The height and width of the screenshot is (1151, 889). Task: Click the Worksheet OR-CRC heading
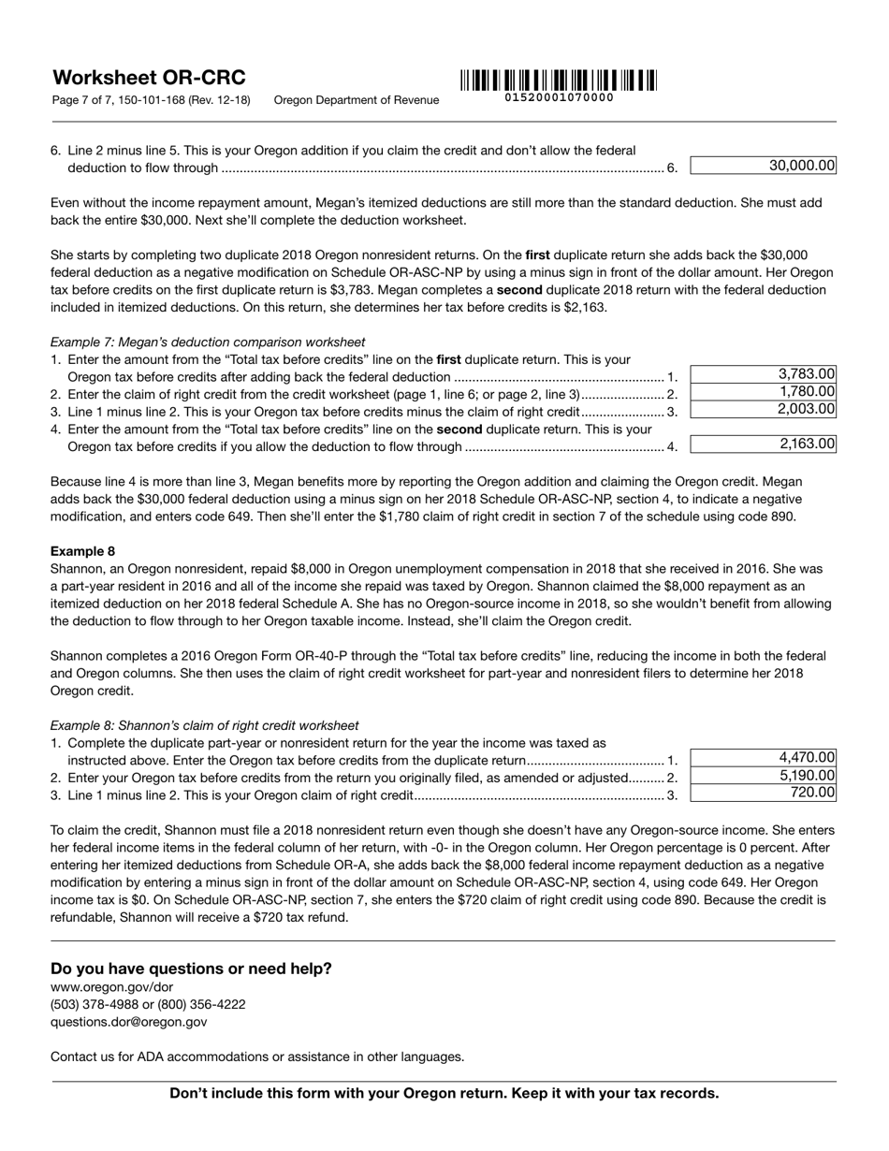[148, 78]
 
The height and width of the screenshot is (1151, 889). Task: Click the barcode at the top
[559, 80]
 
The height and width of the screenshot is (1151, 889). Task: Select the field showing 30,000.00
[764, 166]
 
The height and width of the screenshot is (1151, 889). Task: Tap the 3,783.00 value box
[764, 374]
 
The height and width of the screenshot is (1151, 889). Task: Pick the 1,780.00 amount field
[764, 392]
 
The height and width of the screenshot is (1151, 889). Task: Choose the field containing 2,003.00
[764, 409]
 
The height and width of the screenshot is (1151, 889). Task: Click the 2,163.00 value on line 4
[764, 444]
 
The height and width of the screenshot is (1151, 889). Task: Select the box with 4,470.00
[764, 758]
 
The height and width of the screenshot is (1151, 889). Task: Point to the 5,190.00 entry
[764, 776]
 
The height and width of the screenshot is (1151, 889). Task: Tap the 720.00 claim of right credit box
[764, 793]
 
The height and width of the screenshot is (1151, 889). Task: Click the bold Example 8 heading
[82, 551]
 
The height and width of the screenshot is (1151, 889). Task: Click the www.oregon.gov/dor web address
[111, 987]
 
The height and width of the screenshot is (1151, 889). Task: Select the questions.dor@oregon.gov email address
[128, 1022]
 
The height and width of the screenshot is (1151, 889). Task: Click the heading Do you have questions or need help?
[191, 969]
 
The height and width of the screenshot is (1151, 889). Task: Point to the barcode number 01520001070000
[559, 97]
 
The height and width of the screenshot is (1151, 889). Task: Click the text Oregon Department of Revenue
[356, 100]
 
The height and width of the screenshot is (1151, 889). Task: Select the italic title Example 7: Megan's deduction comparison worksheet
[208, 342]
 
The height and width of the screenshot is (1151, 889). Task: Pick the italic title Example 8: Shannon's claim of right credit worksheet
[204, 725]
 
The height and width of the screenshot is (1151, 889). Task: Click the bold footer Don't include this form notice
[444, 1093]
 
